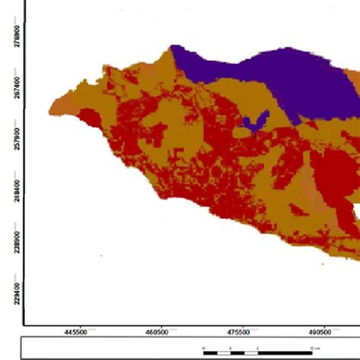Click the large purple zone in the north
[x=289, y=80]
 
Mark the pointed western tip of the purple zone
[x=172, y=48]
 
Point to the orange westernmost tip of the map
[x=52, y=110]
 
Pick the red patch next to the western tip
[x=89, y=117]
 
